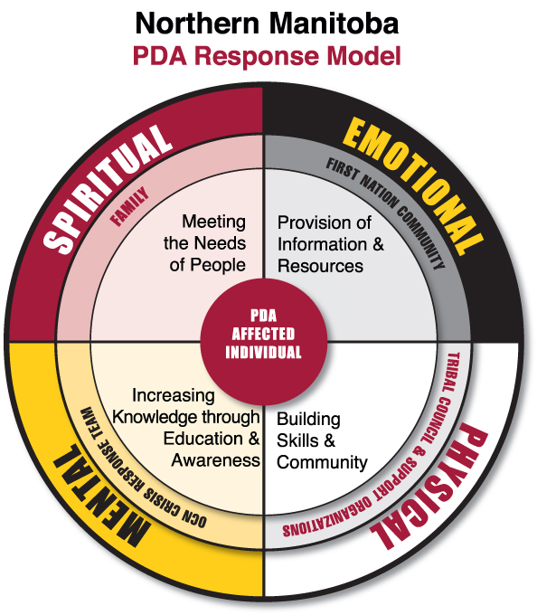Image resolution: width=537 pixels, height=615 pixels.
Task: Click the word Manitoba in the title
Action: (x=334, y=24)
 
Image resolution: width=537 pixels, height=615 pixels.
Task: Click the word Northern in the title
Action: (x=198, y=24)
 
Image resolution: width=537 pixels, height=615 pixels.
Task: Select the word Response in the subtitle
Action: (x=257, y=56)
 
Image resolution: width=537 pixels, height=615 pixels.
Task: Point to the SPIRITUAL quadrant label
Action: (x=107, y=188)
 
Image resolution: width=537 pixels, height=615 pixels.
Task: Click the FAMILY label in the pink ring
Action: (x=130, y=206)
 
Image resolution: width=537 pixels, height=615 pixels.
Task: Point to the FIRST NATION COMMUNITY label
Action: (x=387, y=212)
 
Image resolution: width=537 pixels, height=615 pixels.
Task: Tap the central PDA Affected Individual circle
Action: (x=264, y=342)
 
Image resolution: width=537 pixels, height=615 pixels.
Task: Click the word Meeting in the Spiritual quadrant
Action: (x=214, y=222)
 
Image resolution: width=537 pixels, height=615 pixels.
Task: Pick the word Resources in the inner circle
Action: (x=321, y=266)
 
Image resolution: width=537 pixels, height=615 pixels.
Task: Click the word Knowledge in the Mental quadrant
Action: (x=156, y=417)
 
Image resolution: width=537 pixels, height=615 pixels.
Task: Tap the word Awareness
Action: (x=215, y=460)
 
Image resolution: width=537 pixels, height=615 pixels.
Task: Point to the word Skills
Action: (x=297, y=440)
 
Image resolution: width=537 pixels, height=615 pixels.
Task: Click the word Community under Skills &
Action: (x=322, y=463)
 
